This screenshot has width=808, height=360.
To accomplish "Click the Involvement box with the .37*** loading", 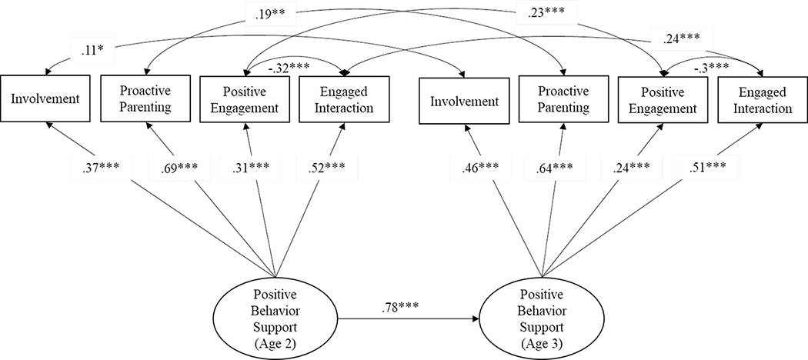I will pos(49,100).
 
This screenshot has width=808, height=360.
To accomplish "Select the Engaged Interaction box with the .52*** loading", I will pos(339,100).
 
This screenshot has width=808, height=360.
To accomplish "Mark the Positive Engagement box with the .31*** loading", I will pos(245,100).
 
